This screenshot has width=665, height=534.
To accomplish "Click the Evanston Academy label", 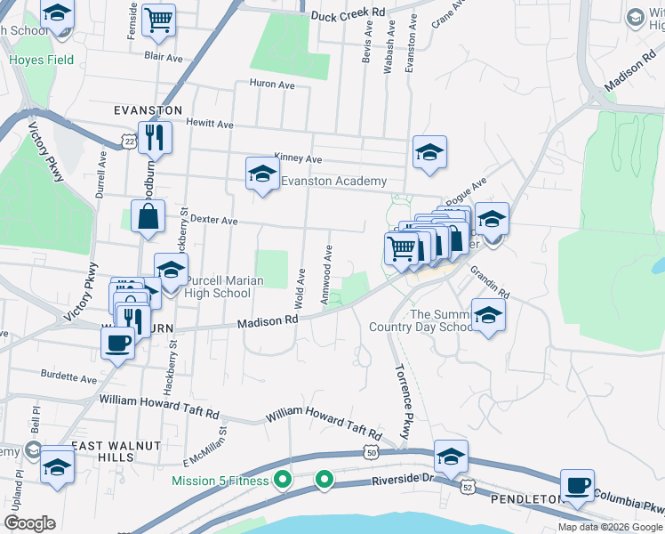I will [x=333, y=181].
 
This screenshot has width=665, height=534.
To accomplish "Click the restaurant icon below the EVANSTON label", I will [x=155, y=138].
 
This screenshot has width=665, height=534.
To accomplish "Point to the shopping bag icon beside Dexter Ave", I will [x=148, y=216].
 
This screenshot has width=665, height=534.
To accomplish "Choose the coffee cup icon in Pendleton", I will [x=578, y=486].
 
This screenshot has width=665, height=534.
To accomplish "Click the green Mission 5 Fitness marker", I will [x=284, y=481].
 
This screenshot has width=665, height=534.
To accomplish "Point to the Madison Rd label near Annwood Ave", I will [x=267, y=321].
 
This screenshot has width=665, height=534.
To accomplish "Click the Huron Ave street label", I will [x=273, y=85].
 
